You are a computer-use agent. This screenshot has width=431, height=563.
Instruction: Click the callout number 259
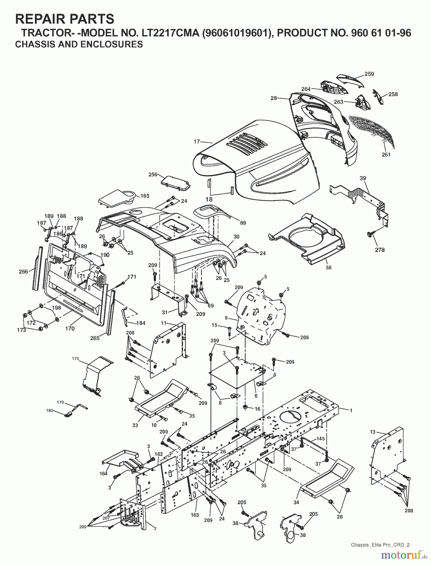point(369,74)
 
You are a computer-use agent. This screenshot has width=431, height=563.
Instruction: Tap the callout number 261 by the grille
point(386,155)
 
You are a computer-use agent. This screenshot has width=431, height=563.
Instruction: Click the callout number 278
point(379,250)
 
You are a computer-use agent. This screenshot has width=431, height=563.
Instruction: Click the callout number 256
point(153,175)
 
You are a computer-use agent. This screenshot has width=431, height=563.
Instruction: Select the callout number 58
point(329,267)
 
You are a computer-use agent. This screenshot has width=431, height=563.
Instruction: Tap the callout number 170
point(70,328)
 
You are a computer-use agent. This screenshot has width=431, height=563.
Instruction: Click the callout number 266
point(23,271)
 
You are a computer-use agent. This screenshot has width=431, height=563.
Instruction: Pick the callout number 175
point(75,358)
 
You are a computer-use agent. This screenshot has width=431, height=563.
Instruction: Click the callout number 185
point(50,410)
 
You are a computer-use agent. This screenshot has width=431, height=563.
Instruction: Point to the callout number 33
point(135,425)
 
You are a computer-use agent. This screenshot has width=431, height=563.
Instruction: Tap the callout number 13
point(372,432)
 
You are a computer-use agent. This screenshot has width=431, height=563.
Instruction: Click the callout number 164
point(103,473)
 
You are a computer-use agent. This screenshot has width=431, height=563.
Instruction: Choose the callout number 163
point(195,515)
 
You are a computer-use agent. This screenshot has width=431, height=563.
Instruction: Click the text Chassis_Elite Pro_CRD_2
point(380,545)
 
